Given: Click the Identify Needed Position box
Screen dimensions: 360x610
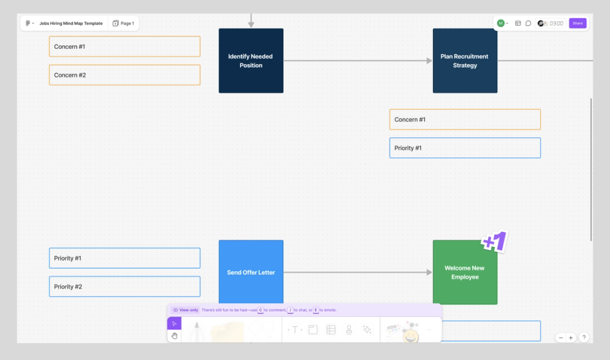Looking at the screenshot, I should pyautogui.click(x=251, y=60).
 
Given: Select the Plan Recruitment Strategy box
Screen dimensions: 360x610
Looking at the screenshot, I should pyautogui.click(x=465, y=60).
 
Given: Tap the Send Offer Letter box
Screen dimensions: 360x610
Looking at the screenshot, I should pyautogui.click(x=251, y=272).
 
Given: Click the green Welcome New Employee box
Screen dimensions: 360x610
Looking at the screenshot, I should pyautogui.click(x=465, y=272).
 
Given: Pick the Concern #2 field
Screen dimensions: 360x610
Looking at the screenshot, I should pyautogui.click(x=124, y=75).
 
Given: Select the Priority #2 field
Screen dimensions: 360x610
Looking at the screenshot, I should pyautogui.click(x=124, y=287).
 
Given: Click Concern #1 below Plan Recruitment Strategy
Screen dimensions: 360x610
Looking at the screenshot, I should pyautogui.click(x=465, y=120).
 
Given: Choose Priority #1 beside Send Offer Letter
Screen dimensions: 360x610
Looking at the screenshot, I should pyautogui.click(x=124, y=258).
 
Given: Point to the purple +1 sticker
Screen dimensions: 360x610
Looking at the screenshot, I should pyautogui.click(x=495, y=242).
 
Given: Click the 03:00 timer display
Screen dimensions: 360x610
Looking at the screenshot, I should pyautogui.click(x=556, y=23).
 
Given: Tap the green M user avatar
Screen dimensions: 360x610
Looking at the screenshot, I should pyautogui.click(x=501, y=23).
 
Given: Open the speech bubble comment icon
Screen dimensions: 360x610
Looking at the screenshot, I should pyautogui.click(x=528, y=23).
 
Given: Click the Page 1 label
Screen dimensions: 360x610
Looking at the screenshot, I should pyautogui.click(x=124, y=23).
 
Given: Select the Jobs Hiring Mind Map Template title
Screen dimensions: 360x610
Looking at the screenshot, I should pyautogui.click(x=71, y=23).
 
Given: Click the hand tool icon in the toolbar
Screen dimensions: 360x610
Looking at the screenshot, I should pyautogui.click(x=174, y=336).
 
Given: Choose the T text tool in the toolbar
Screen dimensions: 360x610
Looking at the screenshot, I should pyautogui.click(x=295, y=329).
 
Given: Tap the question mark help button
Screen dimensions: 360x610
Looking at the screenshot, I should pyautogui.click(x=584, y=337).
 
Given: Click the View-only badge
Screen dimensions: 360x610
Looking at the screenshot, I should pyautogui.click(x=185, y=310).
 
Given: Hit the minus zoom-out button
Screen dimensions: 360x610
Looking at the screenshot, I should pyautogui.click(x=561, y=337).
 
